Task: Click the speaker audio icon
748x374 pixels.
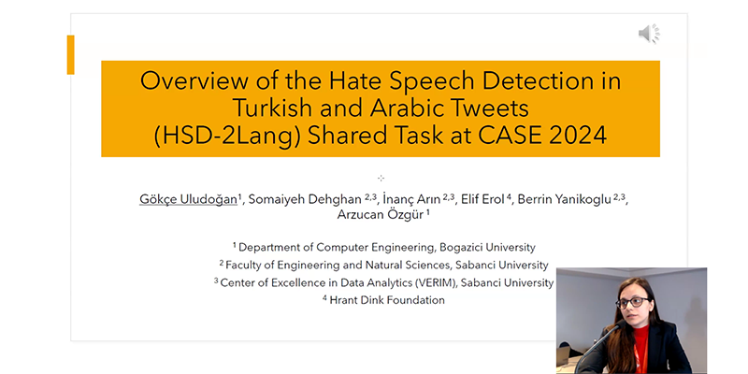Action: (649, 34)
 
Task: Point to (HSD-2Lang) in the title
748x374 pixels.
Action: (227, 136)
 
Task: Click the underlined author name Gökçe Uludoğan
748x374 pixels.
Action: (189, 199)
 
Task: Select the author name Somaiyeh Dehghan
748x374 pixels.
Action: (306, 199)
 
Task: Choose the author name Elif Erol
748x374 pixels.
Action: (482, 199)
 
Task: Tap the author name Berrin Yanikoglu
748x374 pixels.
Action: (565, 199)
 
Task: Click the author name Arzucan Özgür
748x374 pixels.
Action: (381, 215)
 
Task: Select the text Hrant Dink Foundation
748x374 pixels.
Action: (387, 300)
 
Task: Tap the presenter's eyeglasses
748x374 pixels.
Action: (632, 302)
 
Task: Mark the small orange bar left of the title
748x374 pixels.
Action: (71, 55)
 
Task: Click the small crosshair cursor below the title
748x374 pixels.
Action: (381, 178)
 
